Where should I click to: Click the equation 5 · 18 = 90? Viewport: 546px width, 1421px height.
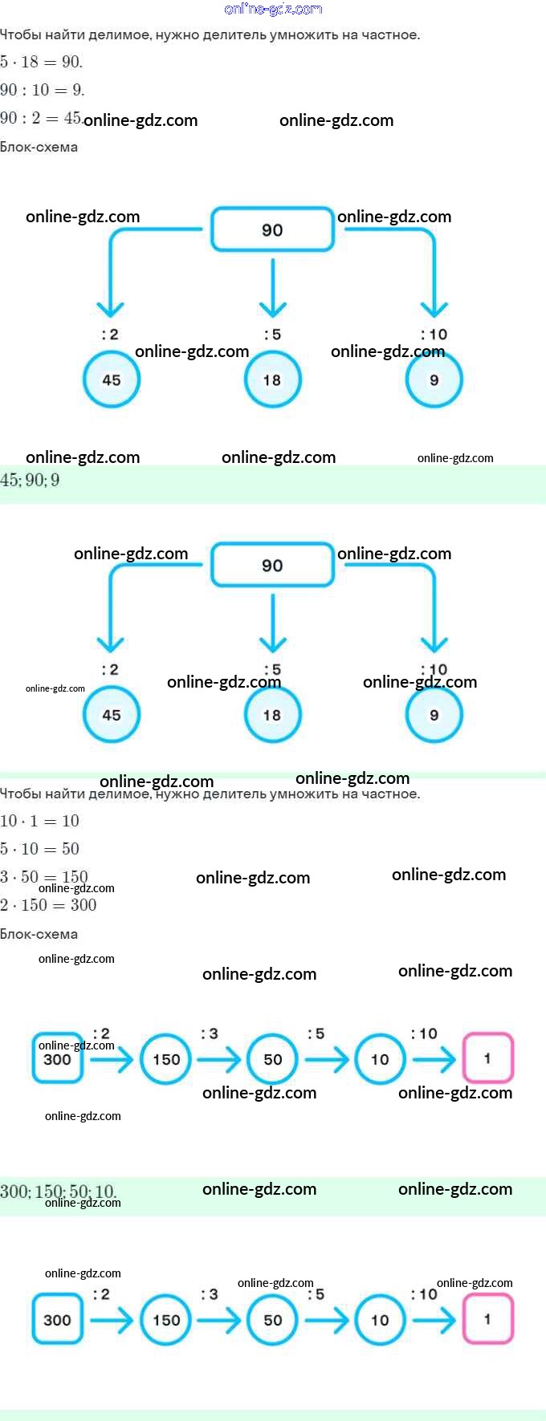pos(41,62)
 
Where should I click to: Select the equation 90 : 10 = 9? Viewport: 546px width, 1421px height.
pos(42,90)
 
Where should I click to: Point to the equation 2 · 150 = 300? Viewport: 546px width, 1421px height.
pos(48,905)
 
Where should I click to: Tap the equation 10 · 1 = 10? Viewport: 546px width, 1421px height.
pos(39,821)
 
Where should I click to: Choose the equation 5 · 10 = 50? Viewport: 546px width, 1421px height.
pos(39,849)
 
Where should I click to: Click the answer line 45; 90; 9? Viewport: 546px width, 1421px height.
pos(30,481)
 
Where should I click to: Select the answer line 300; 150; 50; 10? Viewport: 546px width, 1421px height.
pos(58,1191)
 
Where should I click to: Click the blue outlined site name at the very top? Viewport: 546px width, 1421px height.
pos(273,9)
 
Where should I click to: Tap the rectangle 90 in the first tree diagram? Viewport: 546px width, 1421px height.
pos(272,230)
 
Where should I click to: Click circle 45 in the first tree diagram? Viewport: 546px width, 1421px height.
pos(112,380)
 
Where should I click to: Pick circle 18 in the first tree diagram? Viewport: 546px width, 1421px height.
pos(272,380)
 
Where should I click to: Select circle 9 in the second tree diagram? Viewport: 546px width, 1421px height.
pos(434,715)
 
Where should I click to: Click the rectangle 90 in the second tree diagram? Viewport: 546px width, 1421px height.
pos(272,565)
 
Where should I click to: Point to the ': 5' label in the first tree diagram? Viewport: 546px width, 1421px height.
pos(272,335)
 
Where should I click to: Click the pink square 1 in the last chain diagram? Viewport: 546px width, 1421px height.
pos(487,1319)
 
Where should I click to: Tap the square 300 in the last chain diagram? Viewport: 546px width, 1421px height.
pos(57,1319)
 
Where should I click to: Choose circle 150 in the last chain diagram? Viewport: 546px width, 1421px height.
pos(166,1319)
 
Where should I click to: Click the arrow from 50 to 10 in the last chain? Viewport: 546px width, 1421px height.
pos(327,1320)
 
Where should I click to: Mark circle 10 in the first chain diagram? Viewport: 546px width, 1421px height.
pos(380,1059)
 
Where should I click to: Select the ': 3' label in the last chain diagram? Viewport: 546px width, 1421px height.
pos(209,1294)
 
